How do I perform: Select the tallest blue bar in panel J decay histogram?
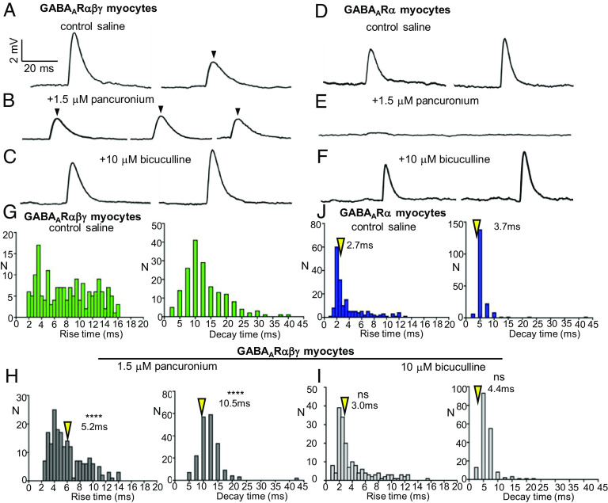[480, 273]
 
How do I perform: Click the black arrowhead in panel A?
[212, 53]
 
